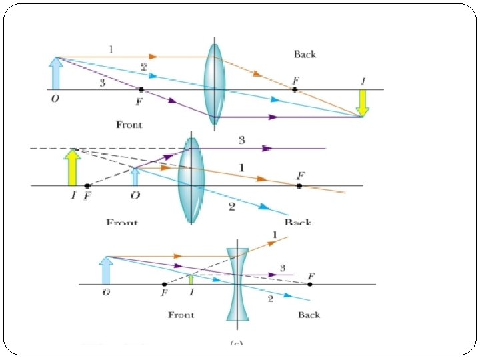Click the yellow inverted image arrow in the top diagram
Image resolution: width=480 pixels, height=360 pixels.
click(x=362, y=103)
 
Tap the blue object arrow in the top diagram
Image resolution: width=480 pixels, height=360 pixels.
click(x=56, y=73)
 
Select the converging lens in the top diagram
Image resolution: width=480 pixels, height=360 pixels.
click(x=214, y=83)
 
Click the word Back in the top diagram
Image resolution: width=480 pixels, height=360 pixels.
click(x=305, y=54)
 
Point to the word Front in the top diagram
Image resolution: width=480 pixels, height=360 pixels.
click(x=129, y=125)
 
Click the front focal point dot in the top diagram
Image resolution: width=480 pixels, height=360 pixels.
click(x=141, y=89)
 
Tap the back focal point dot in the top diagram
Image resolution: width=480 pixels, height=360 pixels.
click(x=295, y=89)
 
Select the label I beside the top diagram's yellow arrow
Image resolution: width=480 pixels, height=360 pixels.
click(x=363, y=81)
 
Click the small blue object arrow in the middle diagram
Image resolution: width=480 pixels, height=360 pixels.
click(x=135, y=177)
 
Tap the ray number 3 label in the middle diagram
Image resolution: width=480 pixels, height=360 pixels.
click(x=241, y=140)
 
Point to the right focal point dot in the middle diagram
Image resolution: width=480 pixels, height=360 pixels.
click(x=299, y=185)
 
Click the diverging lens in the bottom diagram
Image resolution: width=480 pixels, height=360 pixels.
click(x=237, y=285)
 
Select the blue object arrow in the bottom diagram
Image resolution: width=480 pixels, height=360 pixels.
click(x=106, y=271)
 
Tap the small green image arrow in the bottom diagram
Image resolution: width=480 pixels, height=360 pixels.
click(x=191, y=279)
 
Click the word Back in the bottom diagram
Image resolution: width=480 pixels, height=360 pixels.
click(x=309, y=315)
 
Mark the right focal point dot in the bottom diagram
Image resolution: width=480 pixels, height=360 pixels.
click(x=310, y=285)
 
